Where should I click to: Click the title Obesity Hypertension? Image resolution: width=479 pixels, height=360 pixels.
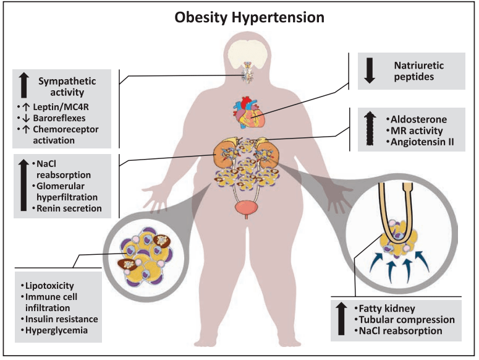tap(249, 17)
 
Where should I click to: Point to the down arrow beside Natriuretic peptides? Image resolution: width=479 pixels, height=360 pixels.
tap(370, 71)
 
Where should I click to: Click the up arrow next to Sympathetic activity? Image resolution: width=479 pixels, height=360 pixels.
tap(24, 85)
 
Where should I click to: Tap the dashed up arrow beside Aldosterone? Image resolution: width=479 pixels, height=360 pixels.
tap(370, 128)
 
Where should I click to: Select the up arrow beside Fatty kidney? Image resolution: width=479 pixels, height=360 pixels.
tap(341, 319)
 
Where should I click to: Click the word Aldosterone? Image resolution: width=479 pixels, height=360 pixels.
tap(418, 119)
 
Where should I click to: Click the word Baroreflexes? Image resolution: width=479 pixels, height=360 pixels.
tap(59, 118)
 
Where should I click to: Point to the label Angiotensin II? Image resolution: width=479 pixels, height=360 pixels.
tap(422, 142)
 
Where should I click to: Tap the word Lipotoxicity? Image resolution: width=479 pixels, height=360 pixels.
tap(49, 286)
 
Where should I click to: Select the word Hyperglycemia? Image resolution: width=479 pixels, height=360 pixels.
tap(56, 330)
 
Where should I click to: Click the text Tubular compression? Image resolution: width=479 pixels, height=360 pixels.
tap(407, 320)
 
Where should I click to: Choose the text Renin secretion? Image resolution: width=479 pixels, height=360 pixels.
tap(69, 208)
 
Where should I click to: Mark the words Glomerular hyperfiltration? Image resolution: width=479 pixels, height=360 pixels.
tap(67, 192)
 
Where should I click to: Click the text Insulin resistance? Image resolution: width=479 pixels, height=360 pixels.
tap(61, 319)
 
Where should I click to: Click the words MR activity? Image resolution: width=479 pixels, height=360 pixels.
tap(417, 131)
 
